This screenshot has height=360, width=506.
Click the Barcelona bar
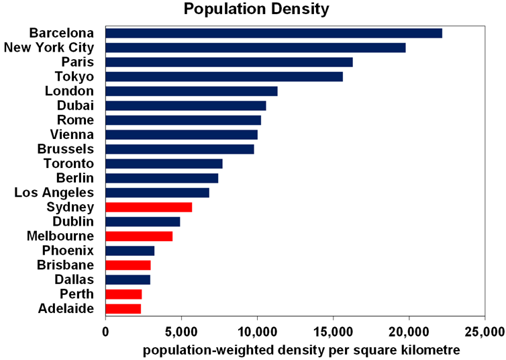point(274,33)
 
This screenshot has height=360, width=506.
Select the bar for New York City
point(256,47)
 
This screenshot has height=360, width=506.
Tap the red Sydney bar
point(149,207)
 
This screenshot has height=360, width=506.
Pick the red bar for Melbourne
point(139,236)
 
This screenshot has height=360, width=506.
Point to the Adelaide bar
point(123,308)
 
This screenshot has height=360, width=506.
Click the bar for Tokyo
point(224,77)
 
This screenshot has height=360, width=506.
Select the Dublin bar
point(143,222)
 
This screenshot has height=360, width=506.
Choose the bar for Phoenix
point(130,251)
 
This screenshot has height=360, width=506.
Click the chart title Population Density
point(247,9)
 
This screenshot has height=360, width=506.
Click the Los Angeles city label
point(54,193)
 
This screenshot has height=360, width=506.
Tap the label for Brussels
point(66,149)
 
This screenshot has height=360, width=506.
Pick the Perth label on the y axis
point(77,294)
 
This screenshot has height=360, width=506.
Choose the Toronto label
point(68,163)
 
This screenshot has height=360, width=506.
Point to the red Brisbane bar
point(128,265)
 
